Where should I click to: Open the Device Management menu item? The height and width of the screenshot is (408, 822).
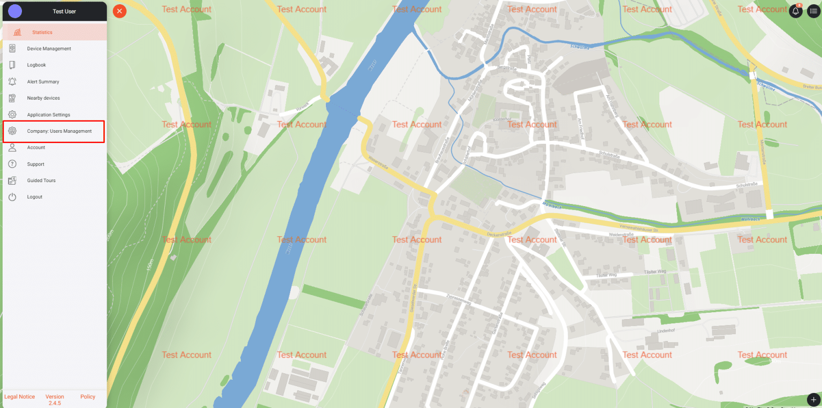tap(49, 49)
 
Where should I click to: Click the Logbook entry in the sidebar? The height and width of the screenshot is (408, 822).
tap(36, 65)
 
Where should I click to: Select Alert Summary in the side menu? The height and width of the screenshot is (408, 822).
tap(43, 82)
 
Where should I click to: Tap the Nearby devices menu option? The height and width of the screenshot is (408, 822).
tap(43, 99)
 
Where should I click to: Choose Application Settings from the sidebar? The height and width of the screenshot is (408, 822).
tap(48, 115)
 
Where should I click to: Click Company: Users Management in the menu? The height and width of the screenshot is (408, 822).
tap(59, 131)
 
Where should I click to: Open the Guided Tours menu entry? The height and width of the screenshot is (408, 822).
tap(41, 180)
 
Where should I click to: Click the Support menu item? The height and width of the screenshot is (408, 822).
tap(35, 164)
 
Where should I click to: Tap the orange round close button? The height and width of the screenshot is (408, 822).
tap(119, 11)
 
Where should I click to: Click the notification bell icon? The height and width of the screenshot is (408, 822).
tap(795, 11)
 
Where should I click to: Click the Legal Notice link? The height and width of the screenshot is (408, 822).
tap(20, 397)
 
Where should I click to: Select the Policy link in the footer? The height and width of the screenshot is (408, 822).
tap(88, 397)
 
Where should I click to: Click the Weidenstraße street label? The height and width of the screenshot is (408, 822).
tap(621, 235)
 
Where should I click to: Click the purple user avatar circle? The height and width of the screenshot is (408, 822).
tap(16, 11)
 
